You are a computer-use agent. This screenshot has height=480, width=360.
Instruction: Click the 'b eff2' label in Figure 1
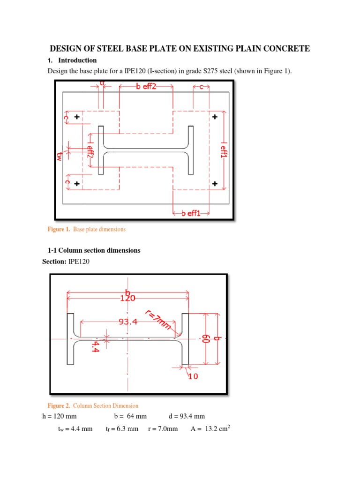pos(146,87)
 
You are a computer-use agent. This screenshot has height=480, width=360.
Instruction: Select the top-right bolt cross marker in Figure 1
pos(215,117)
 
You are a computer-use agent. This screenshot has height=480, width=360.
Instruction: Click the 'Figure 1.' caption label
pos(59,230)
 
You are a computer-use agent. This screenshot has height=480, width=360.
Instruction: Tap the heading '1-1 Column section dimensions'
pos(94,250)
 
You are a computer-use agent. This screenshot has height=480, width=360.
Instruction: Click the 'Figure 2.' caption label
pos(59,405)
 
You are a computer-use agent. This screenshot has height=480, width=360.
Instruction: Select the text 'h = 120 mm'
pos(59,416)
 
